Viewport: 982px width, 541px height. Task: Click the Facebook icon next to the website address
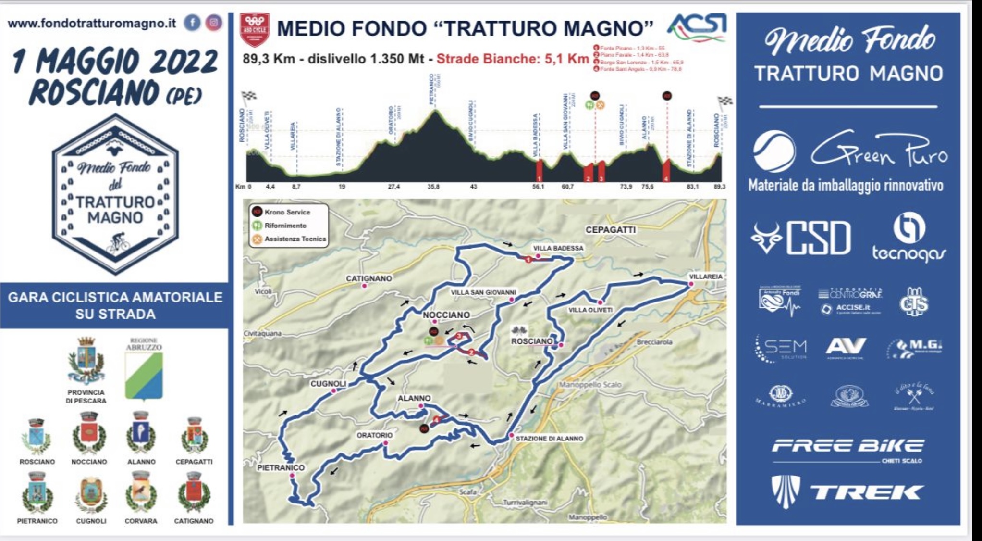pyautogui.click(x=192, y=23)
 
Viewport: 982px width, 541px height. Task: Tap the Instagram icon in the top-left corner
pyautogui.click(x=214, y=23)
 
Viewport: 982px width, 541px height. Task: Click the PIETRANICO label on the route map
pyautogui.click(x=281, y=467)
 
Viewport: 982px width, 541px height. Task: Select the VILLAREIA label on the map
pyautogui.click(x=705, y=277)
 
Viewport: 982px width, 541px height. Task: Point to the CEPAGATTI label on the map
pyautogui.click(x=610, y=230)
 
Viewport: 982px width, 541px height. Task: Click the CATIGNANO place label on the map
pyautogui.click(x=369, y=278)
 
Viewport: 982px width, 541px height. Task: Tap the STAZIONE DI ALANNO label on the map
pyautogui.click(x=549, y=439)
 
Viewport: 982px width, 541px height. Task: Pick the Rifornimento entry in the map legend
pyautogui.click(x=285, y=226)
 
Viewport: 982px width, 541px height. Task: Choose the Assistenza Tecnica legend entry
pyautogui.click(x=295, y=239)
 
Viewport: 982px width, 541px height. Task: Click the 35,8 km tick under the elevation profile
pyautogui.click(x=433, y=187)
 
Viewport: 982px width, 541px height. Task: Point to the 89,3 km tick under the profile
pyautogui.click(x=719, y=187)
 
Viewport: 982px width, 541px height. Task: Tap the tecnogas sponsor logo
pyautogui.click(x=908, y=239)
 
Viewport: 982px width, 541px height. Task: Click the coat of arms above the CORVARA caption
pyautogui.click(x=141, y=492)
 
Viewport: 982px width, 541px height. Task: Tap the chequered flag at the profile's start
pyautogui.click(x=249, y=96)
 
